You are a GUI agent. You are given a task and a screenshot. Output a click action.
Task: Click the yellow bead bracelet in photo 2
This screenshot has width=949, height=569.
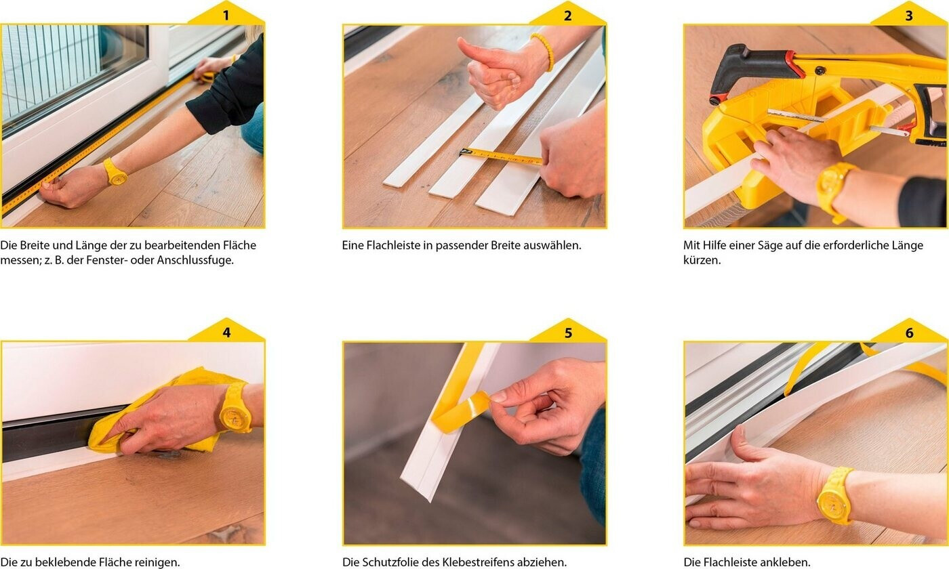coord(544,51)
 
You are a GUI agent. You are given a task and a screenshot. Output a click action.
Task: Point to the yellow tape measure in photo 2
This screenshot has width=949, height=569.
coord(500,155)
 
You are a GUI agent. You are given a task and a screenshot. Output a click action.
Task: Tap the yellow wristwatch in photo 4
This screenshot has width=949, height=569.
coord(235,408)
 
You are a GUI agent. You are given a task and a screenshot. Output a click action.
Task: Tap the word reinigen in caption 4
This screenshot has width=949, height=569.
coord(157,563)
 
